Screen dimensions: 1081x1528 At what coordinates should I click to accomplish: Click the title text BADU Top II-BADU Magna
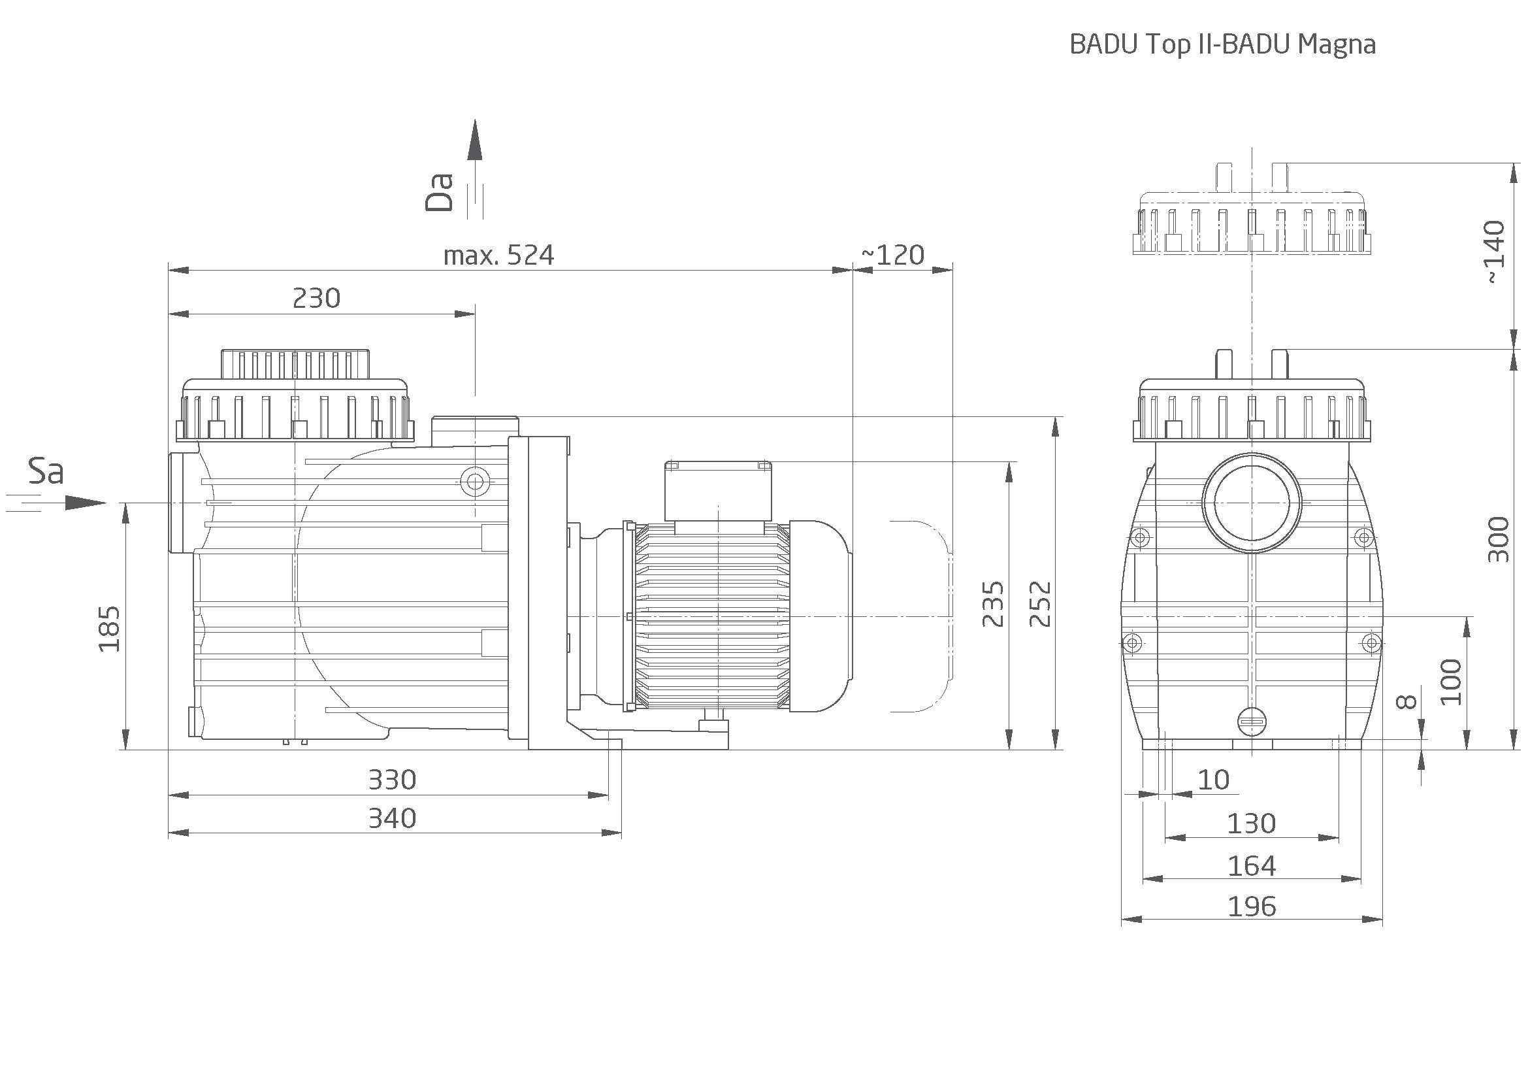tap(1222, 44)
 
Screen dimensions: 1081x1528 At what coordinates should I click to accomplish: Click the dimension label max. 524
tap(498, 255)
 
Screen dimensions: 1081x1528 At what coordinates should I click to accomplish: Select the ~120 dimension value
tap(893, 255)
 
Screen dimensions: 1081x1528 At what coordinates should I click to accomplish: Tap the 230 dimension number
tap(316, 297)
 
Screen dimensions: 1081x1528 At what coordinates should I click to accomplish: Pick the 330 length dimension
tap(392, 780)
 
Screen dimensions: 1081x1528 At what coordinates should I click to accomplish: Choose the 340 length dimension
tap(392, 818)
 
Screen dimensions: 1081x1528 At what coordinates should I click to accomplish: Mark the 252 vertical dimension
tap(1040, 604)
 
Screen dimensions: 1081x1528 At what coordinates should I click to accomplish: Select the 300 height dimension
tap(1498, 539)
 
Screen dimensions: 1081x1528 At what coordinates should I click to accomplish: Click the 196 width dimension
tap(1251, 906)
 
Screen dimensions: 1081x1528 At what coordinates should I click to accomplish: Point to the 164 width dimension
tap(1251, 866)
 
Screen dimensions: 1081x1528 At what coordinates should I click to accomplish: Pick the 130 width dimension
tap(1251, 824)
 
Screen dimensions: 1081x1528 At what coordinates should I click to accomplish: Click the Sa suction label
tap(46, 471)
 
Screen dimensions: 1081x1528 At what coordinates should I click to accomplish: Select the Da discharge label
tap(440, 192)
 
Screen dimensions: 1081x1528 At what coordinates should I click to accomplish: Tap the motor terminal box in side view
tap(719, 490)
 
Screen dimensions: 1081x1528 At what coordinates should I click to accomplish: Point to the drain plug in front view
tap(1252, 721)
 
